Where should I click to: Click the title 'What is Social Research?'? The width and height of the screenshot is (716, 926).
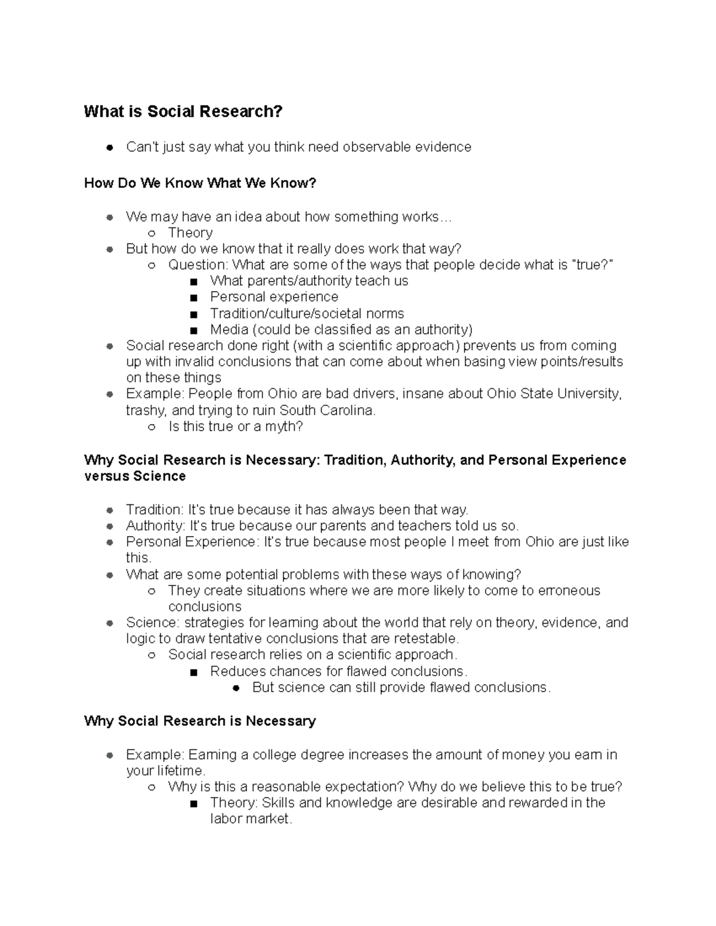[183, 112]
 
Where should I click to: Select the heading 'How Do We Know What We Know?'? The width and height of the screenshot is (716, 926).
[200, 183]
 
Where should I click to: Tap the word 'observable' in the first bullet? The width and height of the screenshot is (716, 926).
[377, 147]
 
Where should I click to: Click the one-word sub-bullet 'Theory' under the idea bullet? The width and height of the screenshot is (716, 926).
[190, 233]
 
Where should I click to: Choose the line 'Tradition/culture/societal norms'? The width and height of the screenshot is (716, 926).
[307, 314]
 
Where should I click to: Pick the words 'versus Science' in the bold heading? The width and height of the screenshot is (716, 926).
[135, 476]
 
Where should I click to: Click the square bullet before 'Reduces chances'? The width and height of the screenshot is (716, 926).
[193, 672]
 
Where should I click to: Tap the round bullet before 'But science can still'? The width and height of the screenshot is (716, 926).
[236, 688]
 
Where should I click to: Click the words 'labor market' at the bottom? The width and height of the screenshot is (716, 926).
[250, 819]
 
